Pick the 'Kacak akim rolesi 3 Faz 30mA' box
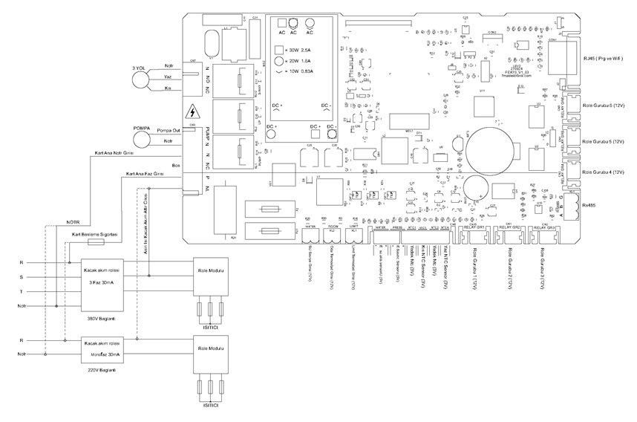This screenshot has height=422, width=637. click(102, 282)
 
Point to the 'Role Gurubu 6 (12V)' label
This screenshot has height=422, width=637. click(605, 107)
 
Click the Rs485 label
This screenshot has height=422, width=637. click(590, 205)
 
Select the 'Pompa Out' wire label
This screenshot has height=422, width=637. click(169, 130)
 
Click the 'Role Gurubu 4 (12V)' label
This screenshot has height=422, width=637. click(605, 172)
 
